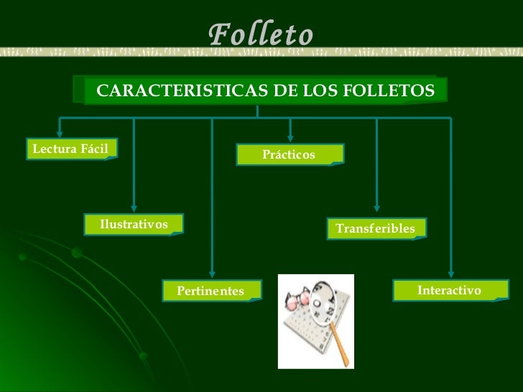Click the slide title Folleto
[x=261, y=34]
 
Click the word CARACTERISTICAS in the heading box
[x=152, y=91]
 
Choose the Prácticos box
[x=290, y=154]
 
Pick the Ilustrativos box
[x=134, y=225]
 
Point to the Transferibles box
[x=376, y=228]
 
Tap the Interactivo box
[x=449, y=289]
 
